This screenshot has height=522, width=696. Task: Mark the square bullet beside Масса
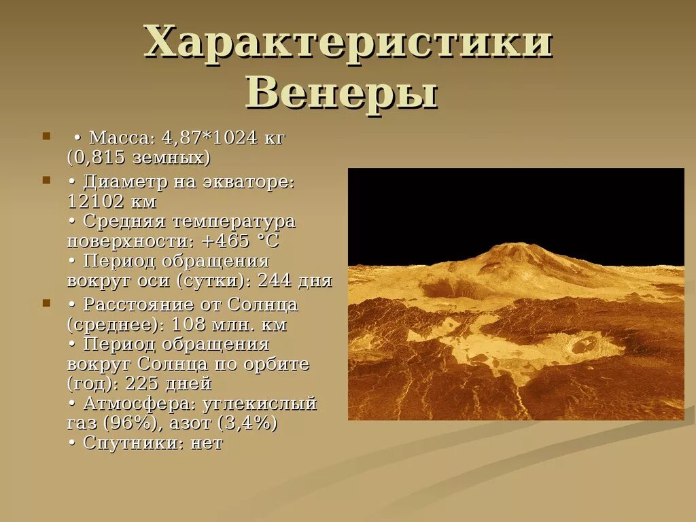point(46,136)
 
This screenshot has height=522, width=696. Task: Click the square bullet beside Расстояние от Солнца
point(46,302)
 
